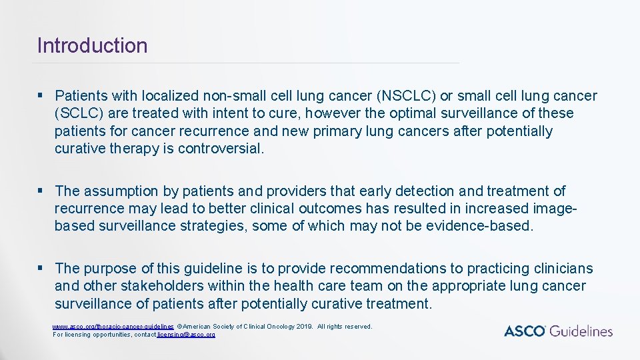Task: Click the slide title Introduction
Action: click(x=92, y=46)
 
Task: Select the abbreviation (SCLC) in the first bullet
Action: click(x=79, y=113)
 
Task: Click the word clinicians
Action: click(x=563, y=269)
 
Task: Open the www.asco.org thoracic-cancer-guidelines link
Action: click(x=113, y=327)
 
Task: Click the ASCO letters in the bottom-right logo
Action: click(x=525, y=331)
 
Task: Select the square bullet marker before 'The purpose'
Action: click(x=41, y=269)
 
